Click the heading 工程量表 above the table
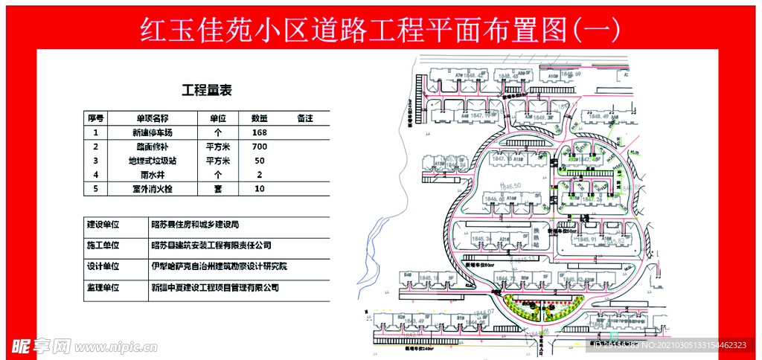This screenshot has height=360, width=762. (207, 91)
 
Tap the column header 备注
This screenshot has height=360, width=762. (304, 118)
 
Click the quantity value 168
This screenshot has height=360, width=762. (259, 132)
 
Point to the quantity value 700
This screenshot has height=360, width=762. (259, 147)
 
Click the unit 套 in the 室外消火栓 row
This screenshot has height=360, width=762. (218, 189)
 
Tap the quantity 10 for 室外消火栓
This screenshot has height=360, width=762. (259, 189)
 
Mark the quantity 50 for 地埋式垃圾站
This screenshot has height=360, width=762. (259, 161)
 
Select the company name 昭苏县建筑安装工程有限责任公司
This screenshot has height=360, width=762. (211, 245)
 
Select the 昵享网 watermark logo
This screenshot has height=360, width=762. (41, 347)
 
